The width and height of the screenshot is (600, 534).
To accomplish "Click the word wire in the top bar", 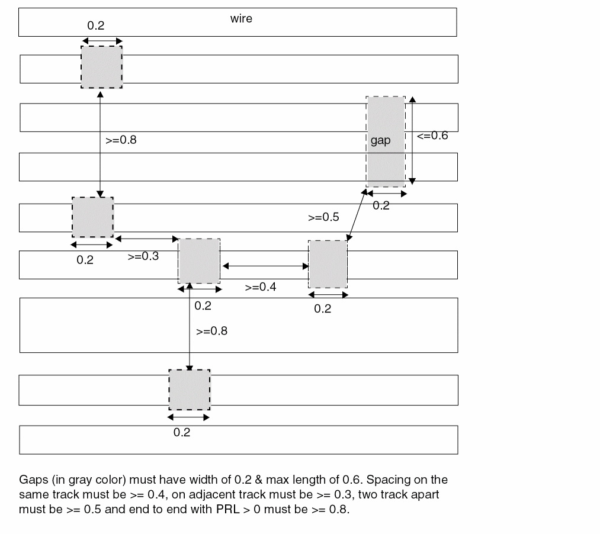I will (x=241, y=18).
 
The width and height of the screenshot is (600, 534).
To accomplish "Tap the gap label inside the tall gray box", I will (x=380, y=141).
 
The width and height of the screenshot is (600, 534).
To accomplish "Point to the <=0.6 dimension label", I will (x=432, y=136).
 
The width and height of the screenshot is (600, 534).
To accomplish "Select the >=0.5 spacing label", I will (x=323, y=217).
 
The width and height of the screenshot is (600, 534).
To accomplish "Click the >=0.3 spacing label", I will (x=143, y=257).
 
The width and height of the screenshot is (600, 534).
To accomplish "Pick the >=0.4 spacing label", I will (x=261, y=287).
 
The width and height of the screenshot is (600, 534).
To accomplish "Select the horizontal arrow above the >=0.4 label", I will (x=265, y=266).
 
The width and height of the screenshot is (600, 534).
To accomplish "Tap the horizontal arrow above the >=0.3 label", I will (x=146, y=239).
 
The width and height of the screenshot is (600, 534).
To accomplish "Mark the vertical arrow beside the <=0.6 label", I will (x=413, y=140).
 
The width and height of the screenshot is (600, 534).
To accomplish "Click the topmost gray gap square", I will (x=102, y=67).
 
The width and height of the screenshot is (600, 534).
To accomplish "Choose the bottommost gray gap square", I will (x=190, y=390).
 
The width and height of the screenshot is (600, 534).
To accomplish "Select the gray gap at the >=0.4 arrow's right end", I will (x=328, y=264).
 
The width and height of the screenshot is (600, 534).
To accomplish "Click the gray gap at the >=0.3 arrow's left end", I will (x=92, y=217).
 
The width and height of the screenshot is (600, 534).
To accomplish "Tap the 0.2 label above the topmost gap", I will (x=95, y=25).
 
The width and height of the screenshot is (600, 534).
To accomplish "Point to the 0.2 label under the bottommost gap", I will (x=182, y=433).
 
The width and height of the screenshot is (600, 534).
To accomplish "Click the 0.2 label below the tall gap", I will (x=381, y=205).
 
